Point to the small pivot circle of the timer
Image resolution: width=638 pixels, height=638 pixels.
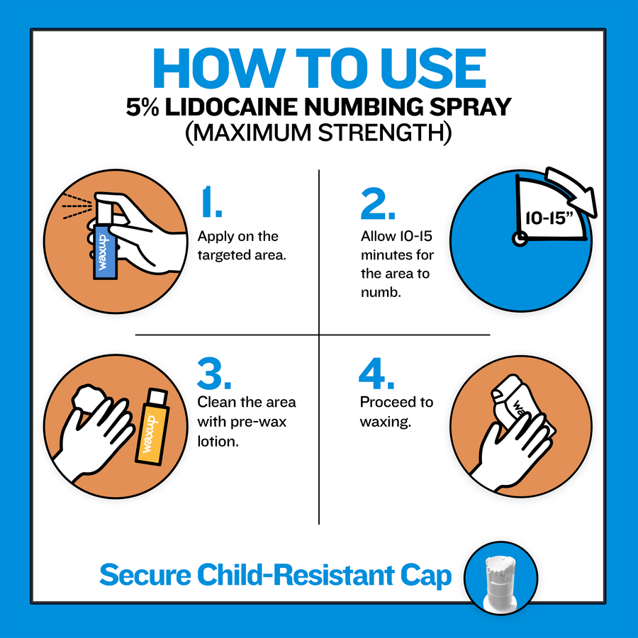(520, 239)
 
